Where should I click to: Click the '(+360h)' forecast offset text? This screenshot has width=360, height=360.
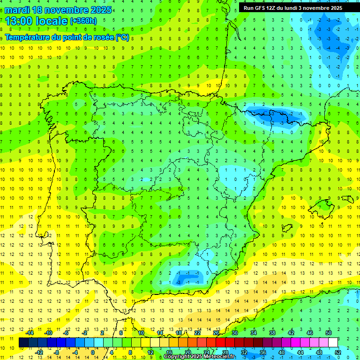[83, 21]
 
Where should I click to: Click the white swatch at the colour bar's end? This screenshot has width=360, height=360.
[333, 342]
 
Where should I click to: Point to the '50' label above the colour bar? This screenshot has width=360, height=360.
[328, 333]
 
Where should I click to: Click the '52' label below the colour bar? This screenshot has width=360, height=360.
[337, 352]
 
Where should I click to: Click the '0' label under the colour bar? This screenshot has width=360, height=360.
[93, 352]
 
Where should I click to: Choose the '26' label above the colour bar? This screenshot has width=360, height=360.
[216, 333]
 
